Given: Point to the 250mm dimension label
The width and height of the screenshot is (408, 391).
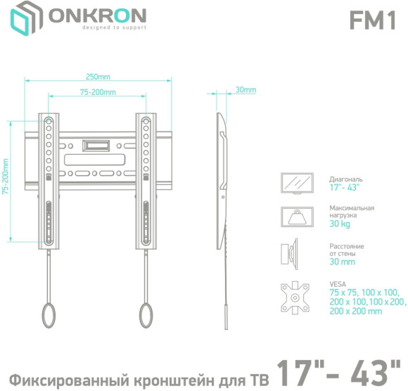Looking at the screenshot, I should (x=98, y=77).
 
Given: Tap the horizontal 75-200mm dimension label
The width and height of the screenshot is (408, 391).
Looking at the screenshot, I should (x=98, y=92).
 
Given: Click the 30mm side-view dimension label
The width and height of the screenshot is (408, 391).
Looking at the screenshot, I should (x=246, y=90).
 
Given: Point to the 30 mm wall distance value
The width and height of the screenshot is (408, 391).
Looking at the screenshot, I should (x=342, y=262).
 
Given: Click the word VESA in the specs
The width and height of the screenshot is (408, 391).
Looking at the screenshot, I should (x=338, y=283).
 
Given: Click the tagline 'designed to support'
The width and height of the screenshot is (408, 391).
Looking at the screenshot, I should (x=94, y=27).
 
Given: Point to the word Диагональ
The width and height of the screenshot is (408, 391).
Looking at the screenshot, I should (x=346, y=179).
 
